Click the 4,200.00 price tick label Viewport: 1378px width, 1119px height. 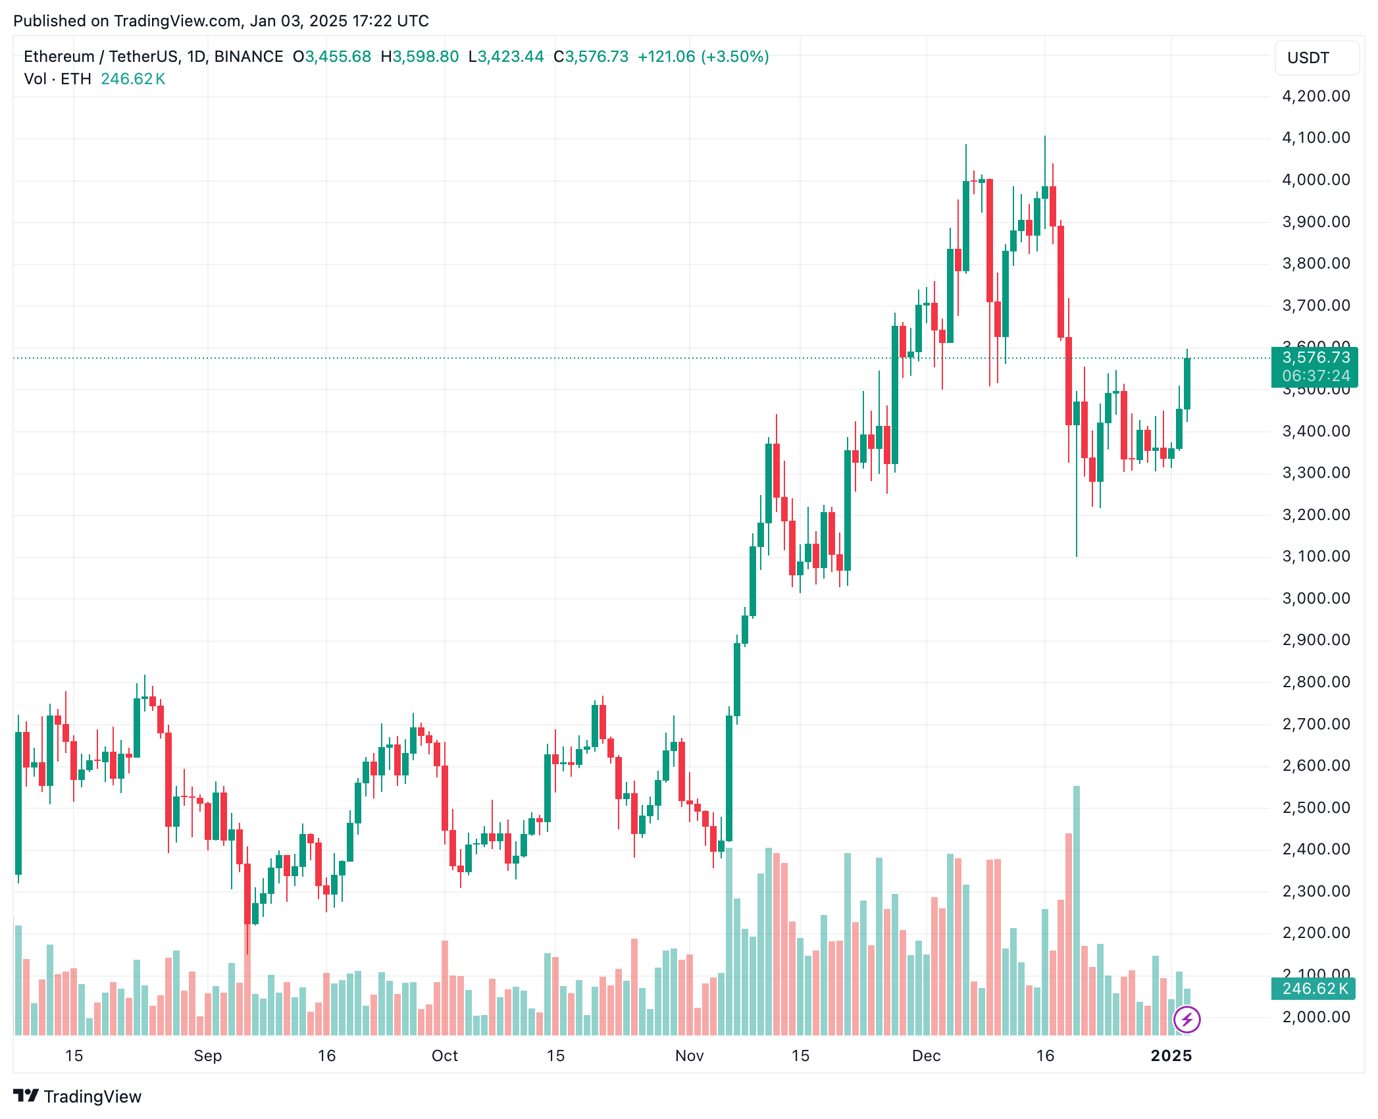pos(1315,96)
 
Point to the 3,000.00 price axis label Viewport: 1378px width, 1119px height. pos(1315,598)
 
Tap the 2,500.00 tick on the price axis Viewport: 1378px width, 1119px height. pos(1315,808)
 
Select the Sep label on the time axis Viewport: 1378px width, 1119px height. pos(207,1056)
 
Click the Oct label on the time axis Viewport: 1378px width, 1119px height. pos(444,1056)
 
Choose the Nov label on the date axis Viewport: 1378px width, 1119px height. pos(689,1056)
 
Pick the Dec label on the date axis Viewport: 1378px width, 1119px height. pos(926,1056)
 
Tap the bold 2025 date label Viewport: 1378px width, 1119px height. pos(1171,1056)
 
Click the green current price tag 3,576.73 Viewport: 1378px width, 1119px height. pos(1315,357)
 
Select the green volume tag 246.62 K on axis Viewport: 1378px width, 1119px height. pos(1314,989)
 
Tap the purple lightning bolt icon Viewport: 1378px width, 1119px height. pos(1187,1020)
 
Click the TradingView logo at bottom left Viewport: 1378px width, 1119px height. pos(78,1097)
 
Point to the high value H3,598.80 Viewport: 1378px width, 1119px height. pos(420,57)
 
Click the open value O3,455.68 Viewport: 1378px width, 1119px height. pos(332,57)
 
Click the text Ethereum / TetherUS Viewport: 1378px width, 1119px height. pos(99,57)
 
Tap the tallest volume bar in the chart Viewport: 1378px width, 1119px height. pos(1077,908)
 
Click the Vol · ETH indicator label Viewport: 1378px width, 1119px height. pos(57,79)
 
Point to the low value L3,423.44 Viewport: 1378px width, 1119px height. pos(506,57)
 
